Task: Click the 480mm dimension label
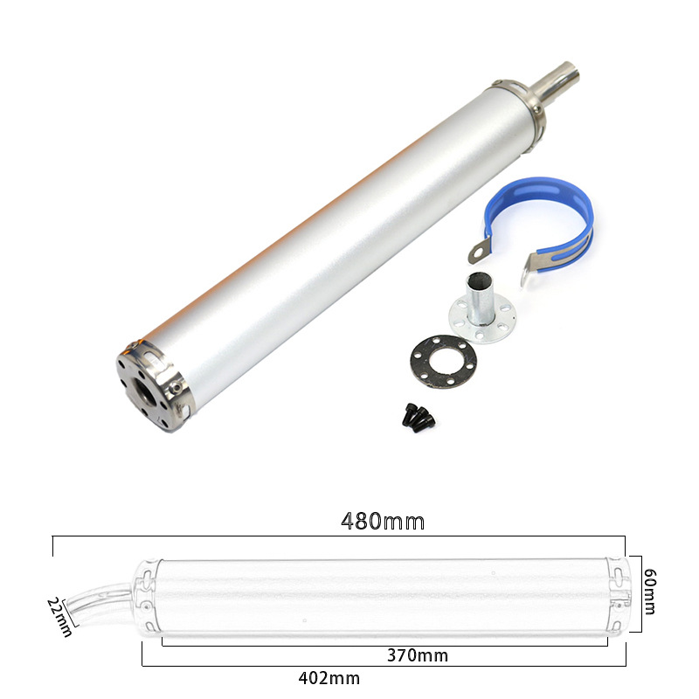pos(383,521)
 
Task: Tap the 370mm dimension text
pos(418,655)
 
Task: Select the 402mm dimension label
pos(329,678)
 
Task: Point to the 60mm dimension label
pos(649,592)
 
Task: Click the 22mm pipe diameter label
pos(59,618)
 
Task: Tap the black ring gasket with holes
pos(443,362)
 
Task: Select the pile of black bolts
pos(419,418)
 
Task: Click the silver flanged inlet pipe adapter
pos(481,310)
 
